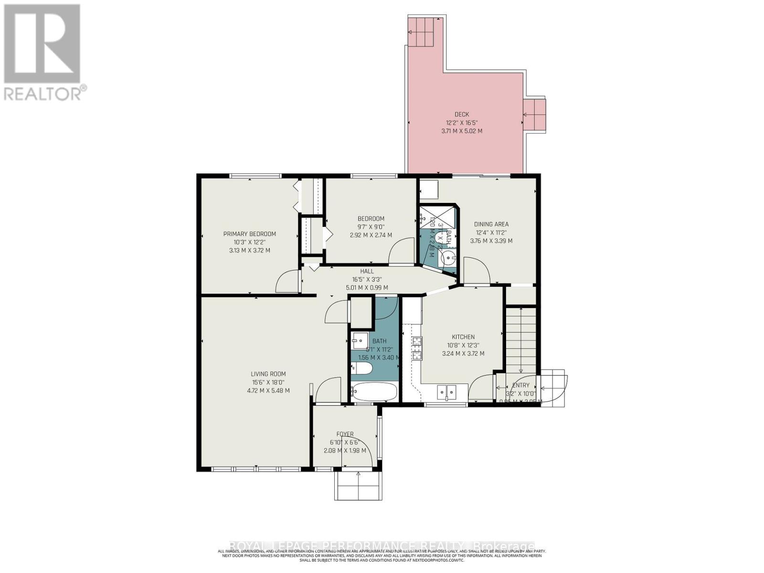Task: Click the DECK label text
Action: coord(461,115)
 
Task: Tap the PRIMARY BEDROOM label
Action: coord(249,234)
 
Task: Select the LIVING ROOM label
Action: coord(268,374)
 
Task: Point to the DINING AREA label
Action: coord(491,224)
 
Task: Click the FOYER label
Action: coord(345,434)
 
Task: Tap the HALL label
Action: coord(367,271)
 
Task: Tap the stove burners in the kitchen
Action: coord(417,348)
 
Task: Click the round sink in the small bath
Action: coord(448,259)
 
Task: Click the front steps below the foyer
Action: coord(359,486)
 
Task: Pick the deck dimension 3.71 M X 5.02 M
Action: coord(461,131)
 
